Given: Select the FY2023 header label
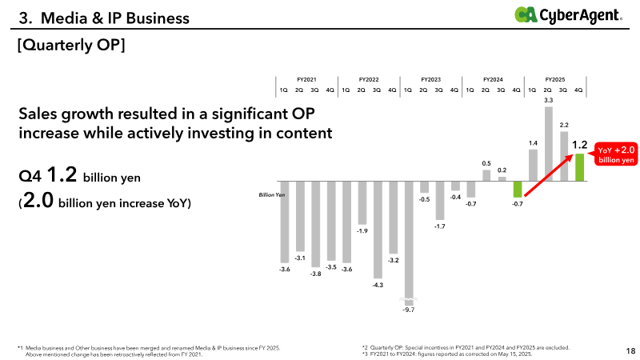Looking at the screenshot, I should tap(431, 80).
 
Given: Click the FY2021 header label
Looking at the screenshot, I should tap(306, 80).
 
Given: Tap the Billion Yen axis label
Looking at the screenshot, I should tap(272, 194).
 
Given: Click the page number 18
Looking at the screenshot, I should tap(630, 350).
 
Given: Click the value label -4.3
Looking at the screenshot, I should tap(378, 285).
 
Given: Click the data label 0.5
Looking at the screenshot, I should tap(486, 162).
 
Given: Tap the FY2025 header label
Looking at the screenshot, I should tap(555, 80).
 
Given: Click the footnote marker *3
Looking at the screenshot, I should tap(365, 354).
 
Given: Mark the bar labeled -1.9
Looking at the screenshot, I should tap(362, 202).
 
